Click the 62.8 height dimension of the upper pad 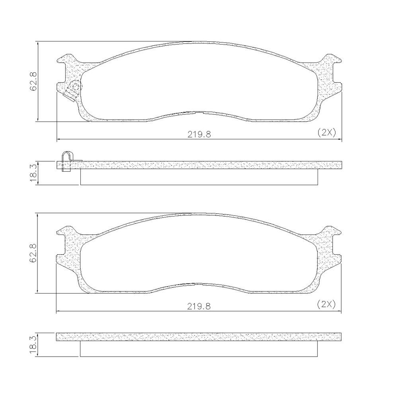tap(34, 81)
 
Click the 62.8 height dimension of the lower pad tap(34, 253)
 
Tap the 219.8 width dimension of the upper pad tap(199, 134)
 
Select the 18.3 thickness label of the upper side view tap(33, 172)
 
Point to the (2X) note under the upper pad tap(327, 132)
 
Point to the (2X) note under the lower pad tap(327, 304)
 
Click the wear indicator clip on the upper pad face tap(72, 91)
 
